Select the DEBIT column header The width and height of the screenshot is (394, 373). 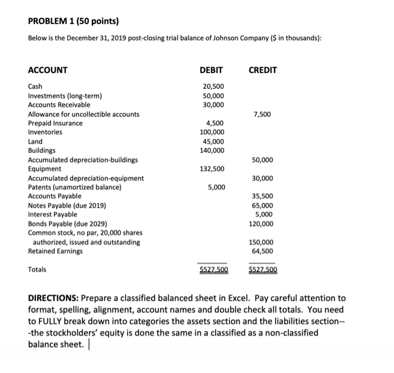(211, 70)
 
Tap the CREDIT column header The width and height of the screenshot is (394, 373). (262, 70)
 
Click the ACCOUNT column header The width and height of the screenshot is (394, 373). (48, 70)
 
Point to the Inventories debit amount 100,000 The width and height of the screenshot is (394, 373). (212, 132)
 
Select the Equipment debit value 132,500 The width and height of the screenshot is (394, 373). (212, 169)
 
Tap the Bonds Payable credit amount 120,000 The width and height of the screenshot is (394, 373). (262, 223)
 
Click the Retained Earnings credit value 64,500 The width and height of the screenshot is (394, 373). (263, 251)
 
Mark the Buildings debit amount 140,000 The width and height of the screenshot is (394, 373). (212, 150)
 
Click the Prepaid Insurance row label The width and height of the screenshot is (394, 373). (55, 123)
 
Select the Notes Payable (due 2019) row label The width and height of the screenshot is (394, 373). (67, 205)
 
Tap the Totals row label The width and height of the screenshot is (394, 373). (38, 269)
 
